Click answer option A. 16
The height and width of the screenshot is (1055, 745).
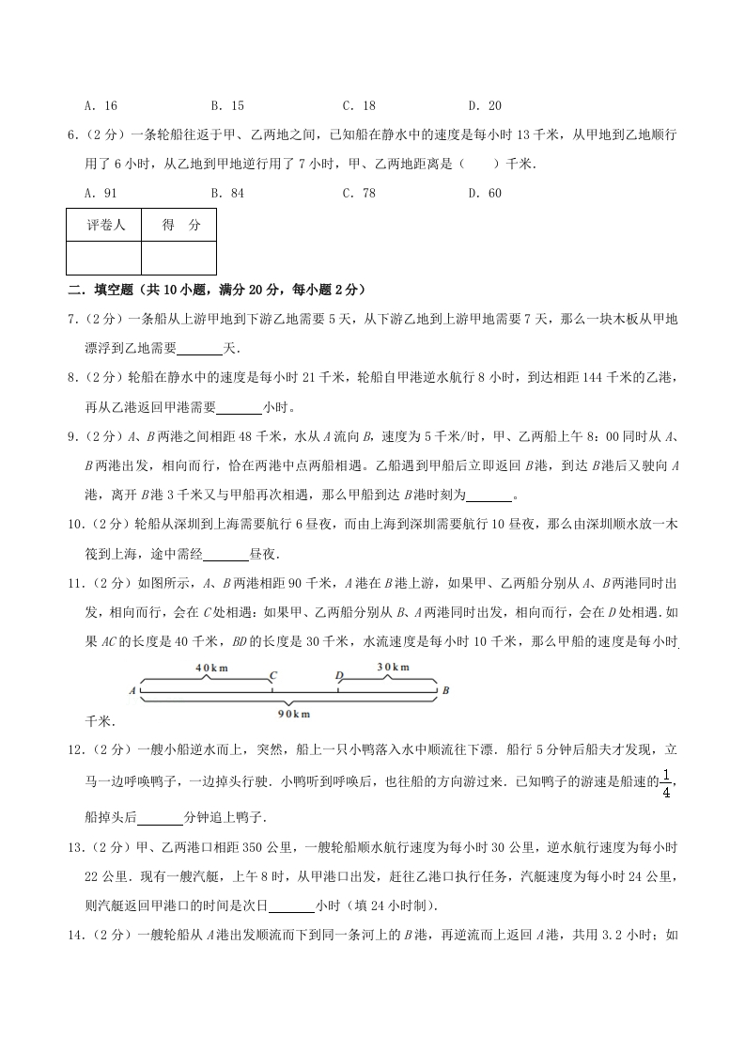[x=100, y=106]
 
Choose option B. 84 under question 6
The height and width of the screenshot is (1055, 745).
[x=227, y=194]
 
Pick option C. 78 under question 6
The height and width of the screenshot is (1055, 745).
[x=358, y=194]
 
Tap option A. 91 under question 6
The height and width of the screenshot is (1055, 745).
[x=100, y=194]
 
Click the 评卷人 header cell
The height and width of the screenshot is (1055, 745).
[x=104, y=226]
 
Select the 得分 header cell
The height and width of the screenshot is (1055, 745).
[x=178, y=226]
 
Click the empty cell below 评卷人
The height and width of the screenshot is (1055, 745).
[x=104, y=258]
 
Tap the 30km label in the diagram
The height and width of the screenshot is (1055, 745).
[x=393, y=668]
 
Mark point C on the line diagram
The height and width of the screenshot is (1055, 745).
[x=272, y=675]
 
